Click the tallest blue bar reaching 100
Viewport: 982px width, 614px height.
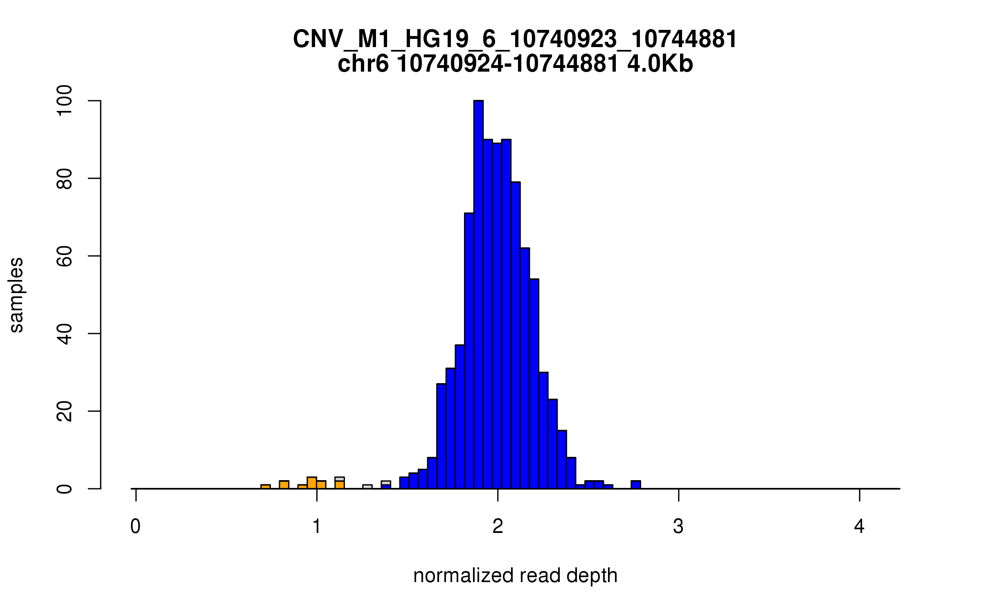coord(478,295)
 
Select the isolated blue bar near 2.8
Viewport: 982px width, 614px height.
coord(635,485)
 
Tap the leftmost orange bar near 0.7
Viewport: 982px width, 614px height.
coord(266,487)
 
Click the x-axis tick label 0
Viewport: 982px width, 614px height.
coord(135,526)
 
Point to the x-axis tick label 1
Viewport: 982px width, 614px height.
coord(317,526)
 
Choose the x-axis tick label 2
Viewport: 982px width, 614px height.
coord(498,526)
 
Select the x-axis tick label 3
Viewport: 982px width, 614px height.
coord(678,526)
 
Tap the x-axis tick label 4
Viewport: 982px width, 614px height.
coord(859,526)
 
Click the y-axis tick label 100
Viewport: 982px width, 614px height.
coord(64,101)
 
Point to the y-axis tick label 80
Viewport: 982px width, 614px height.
coord(64,178)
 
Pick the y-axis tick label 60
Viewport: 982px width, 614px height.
coord(64,256)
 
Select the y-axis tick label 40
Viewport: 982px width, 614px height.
coord(64,334)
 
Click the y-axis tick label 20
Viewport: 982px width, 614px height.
coord(64,411)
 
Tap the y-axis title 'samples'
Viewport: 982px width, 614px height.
coord(16,295)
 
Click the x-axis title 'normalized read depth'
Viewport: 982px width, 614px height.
coord(515,576)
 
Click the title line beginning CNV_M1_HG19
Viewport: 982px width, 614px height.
coord(515,39)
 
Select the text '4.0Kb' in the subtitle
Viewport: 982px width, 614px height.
coord(660,64)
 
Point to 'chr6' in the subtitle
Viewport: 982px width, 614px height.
coord(363,64)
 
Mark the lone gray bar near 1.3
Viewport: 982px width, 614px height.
coord(367,487)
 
